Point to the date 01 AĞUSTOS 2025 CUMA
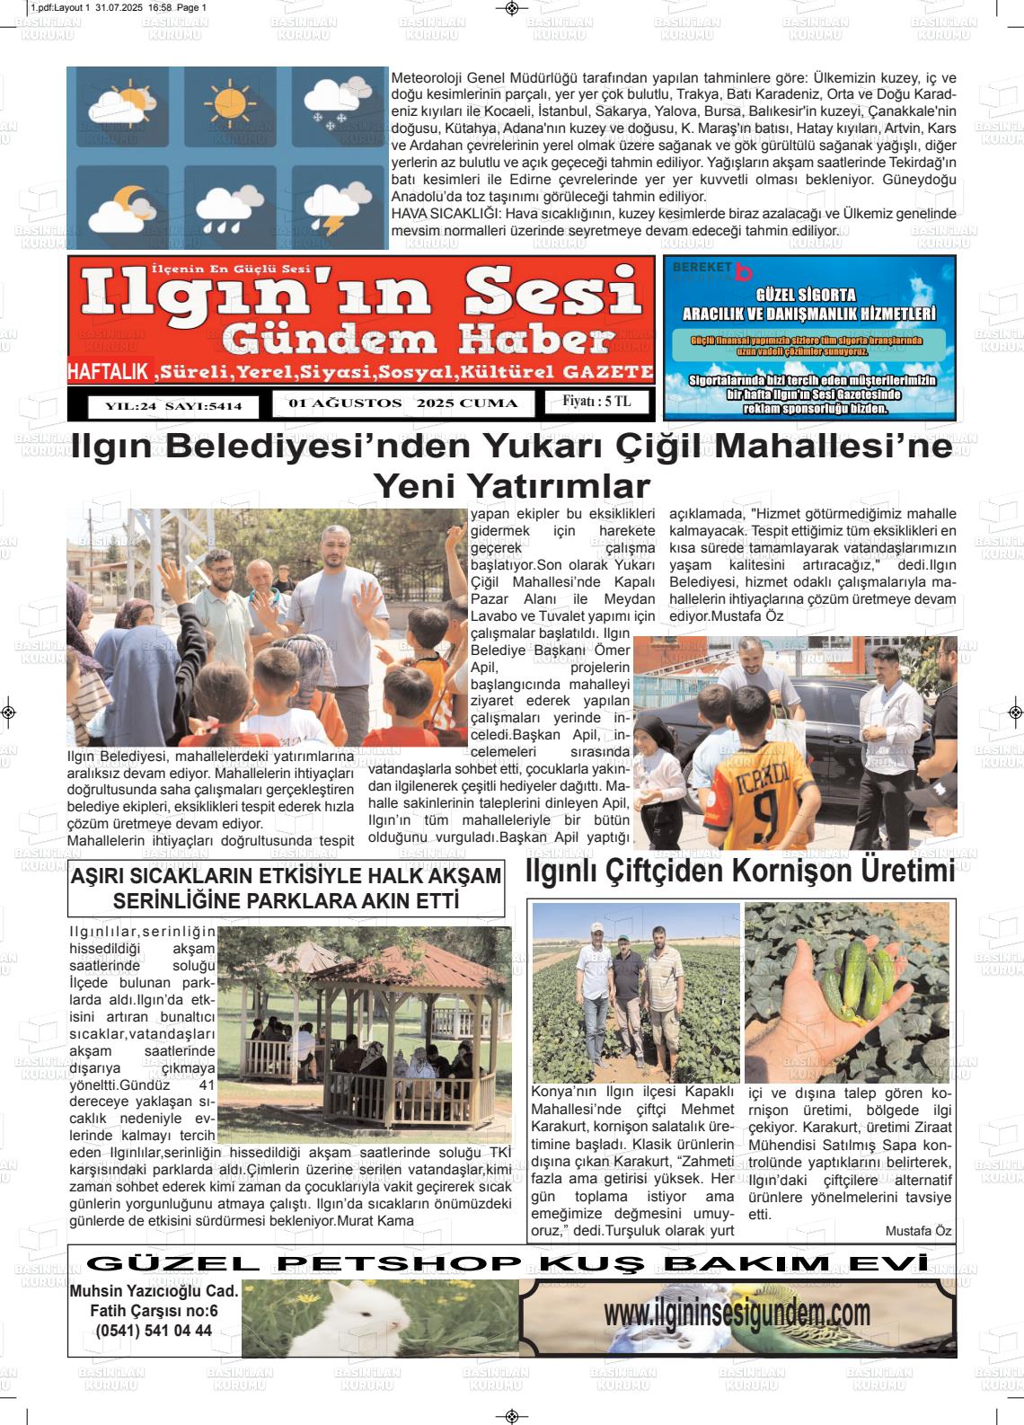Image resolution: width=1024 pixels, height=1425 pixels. click(x=403, y=403)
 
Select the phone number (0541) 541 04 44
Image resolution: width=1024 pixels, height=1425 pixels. click(x=154, y=1331)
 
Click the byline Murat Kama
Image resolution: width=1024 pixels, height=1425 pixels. click(x=375, y=1221)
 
